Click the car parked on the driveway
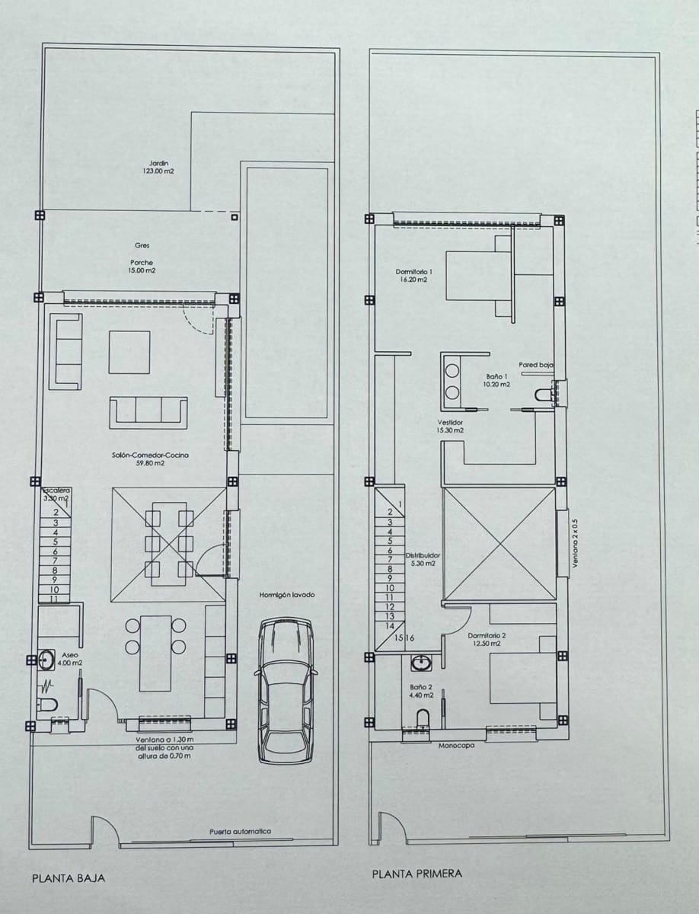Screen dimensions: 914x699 [x=286, y=689]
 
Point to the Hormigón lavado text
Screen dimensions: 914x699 [x=286, y=595]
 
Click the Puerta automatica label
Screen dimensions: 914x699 [x=240, y=832]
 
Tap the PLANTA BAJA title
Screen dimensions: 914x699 [x=69, y=877]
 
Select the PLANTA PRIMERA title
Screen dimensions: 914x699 [x=417, y=874]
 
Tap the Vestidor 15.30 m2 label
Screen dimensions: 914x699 [x=450, y=427]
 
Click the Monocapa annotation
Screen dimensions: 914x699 [x=457, y=746]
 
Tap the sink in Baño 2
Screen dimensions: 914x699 [x=420, y=663]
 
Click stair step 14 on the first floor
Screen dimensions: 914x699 [x=389, y=625]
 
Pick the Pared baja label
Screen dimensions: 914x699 [x=535, y=365]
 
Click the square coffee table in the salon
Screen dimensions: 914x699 [x=129, y=352]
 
